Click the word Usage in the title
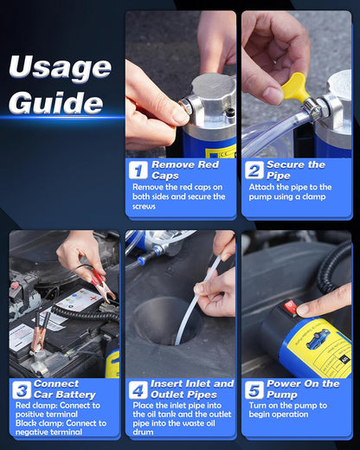click(x=60, y=68)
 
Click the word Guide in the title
click(x=57, y=102)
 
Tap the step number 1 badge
click(x=138, y=170)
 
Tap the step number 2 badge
click(x=254, y=170)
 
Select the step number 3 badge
click(x=22, y=389)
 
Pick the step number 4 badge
click(x=138, y=389)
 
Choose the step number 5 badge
click(x=254, y=389)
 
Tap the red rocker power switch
click(x=290, y=307)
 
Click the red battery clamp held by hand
click(x=95, y=281)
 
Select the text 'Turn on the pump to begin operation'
click(x=298, y=410)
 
